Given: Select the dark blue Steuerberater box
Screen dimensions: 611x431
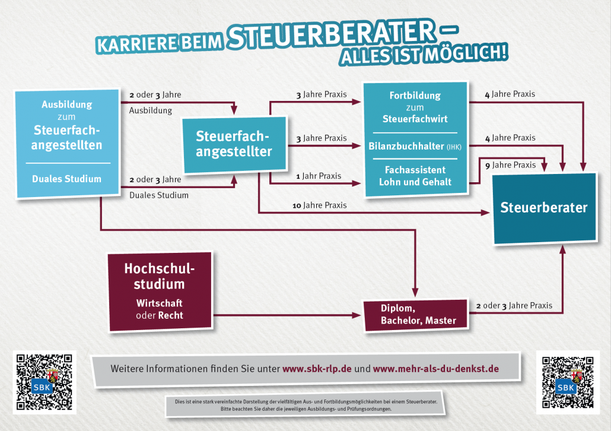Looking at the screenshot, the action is (545, 208).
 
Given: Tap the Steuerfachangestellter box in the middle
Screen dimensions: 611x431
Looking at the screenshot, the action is (235, 145).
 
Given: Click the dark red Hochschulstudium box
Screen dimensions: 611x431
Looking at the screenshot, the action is (160, 291).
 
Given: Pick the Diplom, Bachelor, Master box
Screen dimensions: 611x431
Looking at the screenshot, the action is (416, 315).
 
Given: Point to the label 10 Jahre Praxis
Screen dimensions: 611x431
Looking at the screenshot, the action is (320, 205).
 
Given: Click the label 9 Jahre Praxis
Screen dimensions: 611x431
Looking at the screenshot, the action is (511, 165).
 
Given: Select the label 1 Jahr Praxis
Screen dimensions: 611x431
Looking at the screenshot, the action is (319, 176).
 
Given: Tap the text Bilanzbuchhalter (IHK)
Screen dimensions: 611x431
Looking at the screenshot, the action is (415, 146).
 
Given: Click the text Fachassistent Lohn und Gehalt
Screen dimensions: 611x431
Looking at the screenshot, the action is (415, 176).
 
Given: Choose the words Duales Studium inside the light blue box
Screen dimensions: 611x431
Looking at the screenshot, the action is (66, 179).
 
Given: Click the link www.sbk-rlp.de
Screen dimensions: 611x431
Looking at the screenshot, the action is (317, 369).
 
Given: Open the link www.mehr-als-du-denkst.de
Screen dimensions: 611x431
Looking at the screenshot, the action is (435, 369).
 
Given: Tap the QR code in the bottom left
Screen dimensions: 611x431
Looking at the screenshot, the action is (44, 382).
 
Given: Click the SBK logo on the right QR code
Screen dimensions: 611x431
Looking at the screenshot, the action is (566, 387).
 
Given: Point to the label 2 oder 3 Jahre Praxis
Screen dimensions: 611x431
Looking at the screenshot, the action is (514, 305).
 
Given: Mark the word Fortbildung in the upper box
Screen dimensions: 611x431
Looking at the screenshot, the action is (415, 96).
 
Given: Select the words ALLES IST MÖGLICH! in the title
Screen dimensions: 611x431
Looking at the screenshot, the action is (424, 55).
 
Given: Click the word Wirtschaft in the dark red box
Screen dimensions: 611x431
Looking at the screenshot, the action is (160, 303).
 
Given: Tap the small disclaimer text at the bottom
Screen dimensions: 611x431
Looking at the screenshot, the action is (306, 405).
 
